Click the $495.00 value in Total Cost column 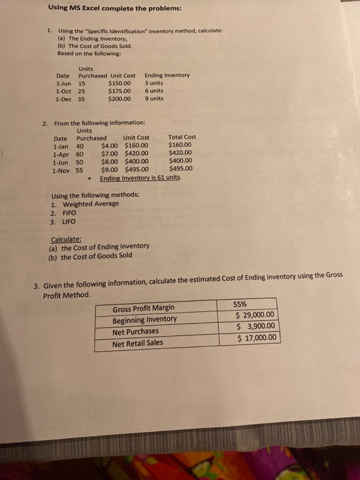[181, 169]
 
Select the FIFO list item [69, 213]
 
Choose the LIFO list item [69, 222]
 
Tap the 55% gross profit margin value [241, 304]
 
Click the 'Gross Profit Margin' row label [143, 309]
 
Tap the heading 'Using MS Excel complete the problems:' [105, 8]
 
